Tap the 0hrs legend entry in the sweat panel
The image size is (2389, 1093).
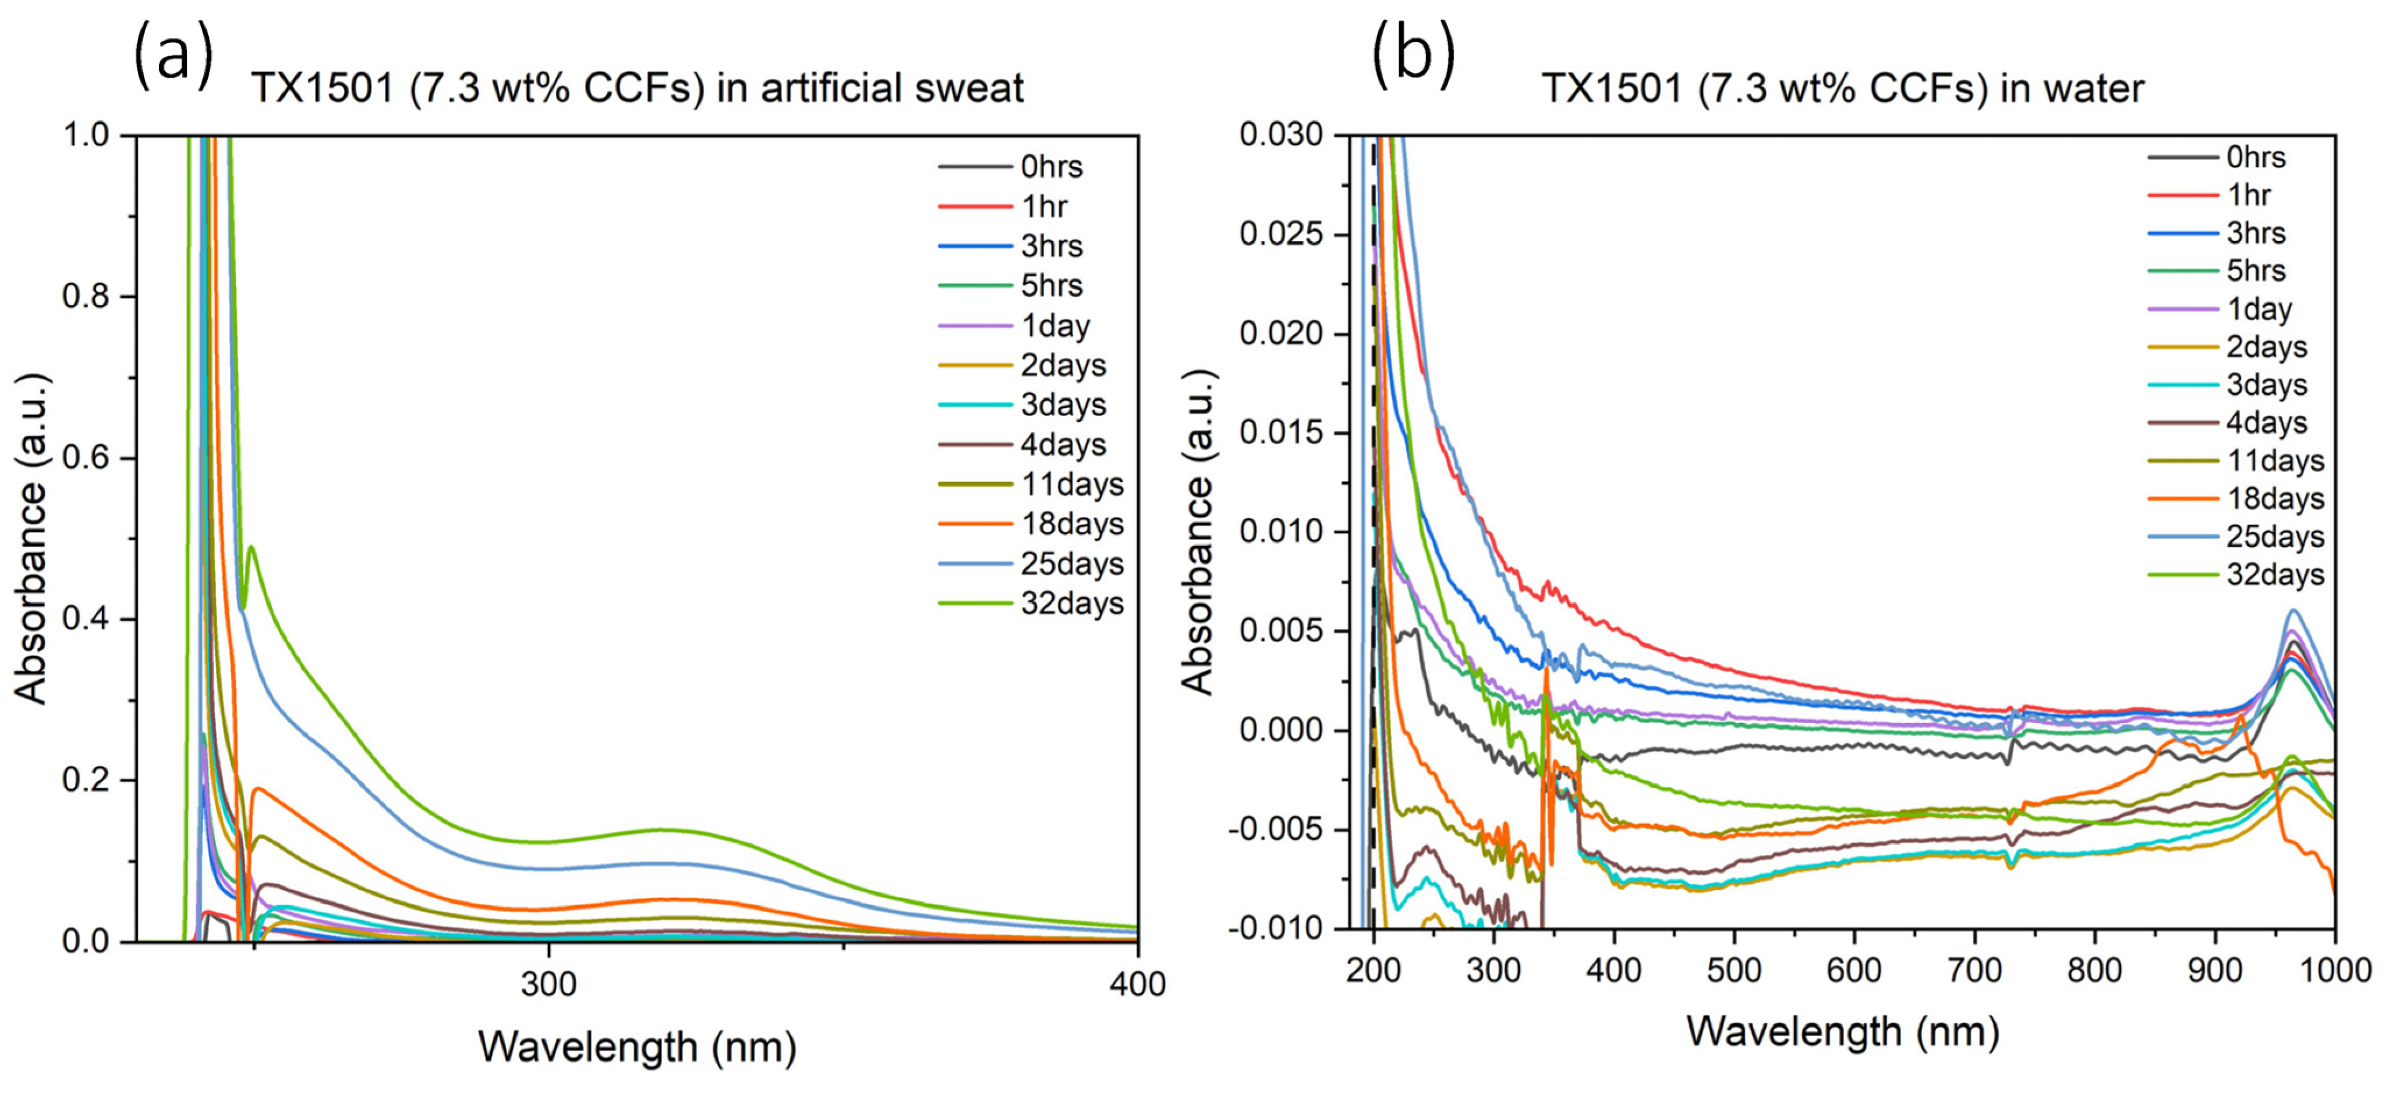[1011, 167]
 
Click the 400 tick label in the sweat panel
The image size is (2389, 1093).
[1137, 984]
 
